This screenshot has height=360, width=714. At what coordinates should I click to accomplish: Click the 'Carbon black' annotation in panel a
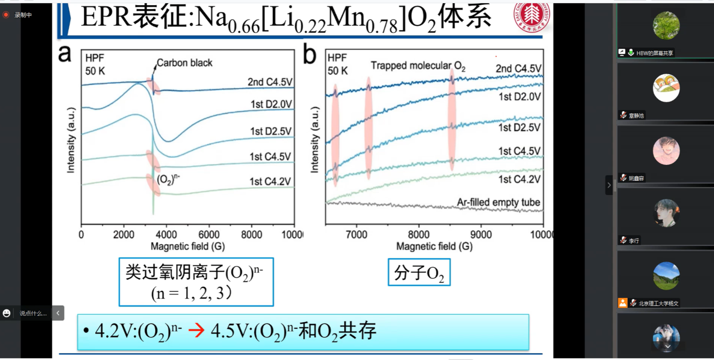(x=184, y=63)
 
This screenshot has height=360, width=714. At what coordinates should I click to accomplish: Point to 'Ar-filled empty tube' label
(x=498, y=202)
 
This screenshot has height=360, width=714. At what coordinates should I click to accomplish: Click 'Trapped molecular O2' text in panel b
(x=418, y=66)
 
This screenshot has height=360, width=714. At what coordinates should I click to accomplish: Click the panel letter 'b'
(x=309, y=54)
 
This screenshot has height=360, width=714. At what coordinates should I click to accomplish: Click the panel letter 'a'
(x=65, y=54)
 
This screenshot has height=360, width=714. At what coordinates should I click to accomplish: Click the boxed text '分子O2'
(x=419, y=274)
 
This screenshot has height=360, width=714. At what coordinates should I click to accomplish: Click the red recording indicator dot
(x=6, y=15)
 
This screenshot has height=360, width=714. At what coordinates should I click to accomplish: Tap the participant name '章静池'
(x=636, y=115)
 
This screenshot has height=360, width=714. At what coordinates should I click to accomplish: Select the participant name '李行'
(x=635, y=240)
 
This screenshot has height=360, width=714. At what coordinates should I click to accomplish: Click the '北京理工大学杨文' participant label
(x=659, y=303)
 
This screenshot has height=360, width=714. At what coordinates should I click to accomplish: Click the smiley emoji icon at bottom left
(x=6, y=313)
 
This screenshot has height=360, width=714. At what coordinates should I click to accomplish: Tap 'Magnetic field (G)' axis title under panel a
(x=188, y=246)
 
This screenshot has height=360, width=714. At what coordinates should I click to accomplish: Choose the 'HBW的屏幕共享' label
(x=654, y=53)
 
